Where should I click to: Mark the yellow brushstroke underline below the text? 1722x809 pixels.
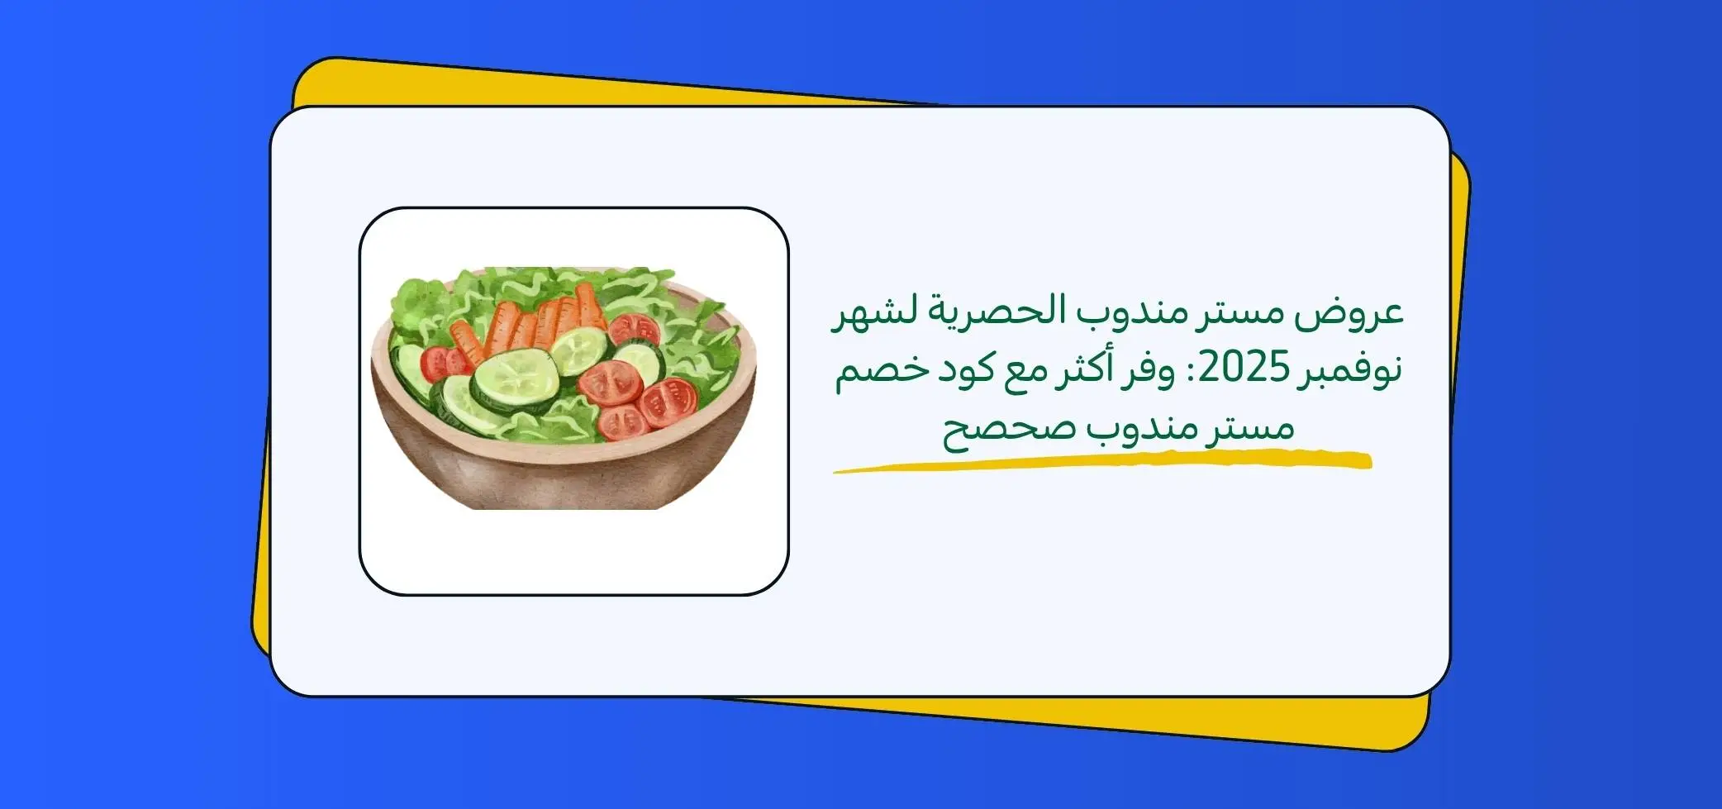click(x=1102, y=461)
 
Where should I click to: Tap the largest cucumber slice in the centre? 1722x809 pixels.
click(x=515, y=376)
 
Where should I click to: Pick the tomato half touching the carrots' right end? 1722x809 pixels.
click(x=634, y=329)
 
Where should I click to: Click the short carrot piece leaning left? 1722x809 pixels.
click(x=467, y=340)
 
